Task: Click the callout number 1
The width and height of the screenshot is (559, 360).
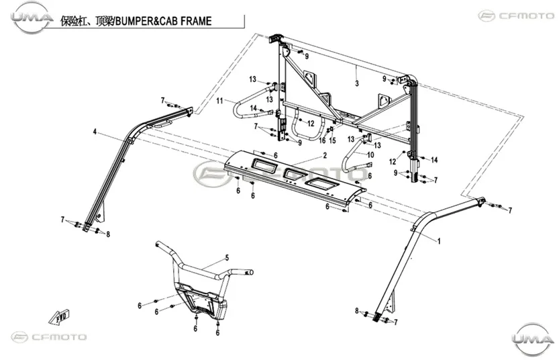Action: pos(439,242)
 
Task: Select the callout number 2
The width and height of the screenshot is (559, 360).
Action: pos(325,156)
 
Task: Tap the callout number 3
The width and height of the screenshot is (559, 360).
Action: pos(357,83)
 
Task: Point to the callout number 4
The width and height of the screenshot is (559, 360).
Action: pos(95,132)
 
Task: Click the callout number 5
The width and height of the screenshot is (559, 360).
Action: pos(227,258)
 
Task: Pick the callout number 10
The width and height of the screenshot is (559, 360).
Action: pos(370,155)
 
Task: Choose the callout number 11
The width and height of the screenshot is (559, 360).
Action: pos(219,101)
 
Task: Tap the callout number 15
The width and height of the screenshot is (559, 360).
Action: pos(332,140)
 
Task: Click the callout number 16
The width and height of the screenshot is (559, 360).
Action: pos(322,140)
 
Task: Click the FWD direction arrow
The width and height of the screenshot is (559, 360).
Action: pos(59,317)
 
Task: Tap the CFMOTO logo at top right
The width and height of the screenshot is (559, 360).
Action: pos(517,15)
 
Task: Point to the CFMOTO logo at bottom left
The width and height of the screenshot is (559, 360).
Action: pos(49,337)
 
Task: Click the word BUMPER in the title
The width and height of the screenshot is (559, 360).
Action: pos(134,21)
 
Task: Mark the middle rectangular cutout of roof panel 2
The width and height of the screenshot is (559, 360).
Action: pos(295,173)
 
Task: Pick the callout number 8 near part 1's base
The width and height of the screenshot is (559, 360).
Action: pos(357,311)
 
